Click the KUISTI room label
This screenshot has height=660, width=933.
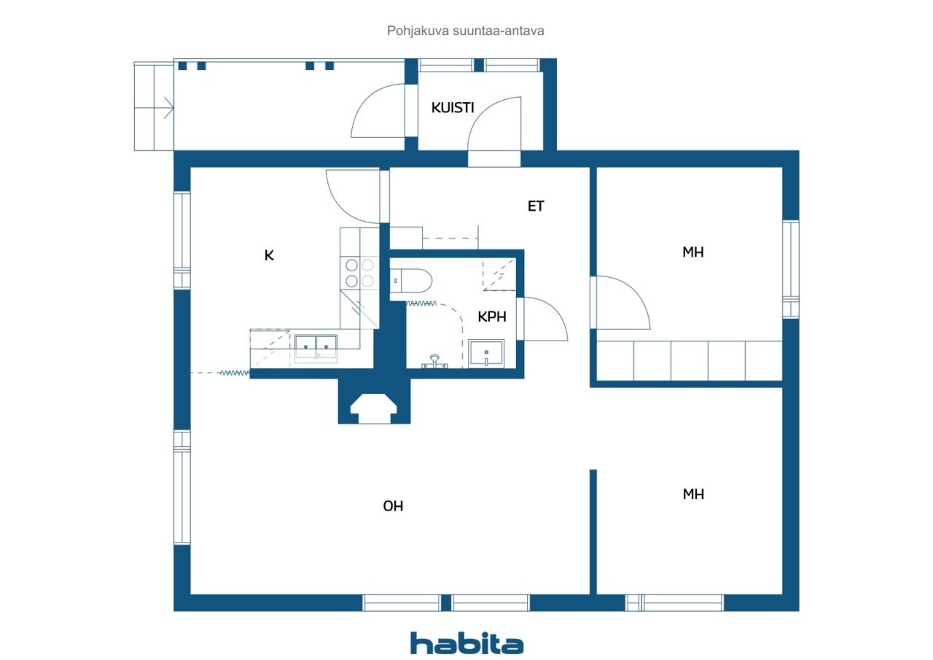(x=453, y=107)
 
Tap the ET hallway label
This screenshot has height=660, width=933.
(x=536, y=206)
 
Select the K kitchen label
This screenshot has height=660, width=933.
(x=269, y=255)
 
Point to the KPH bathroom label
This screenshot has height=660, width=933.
(x=492, y=317)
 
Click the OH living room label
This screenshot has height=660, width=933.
(x=393, y=506)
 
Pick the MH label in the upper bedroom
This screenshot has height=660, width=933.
(x=693, y=252)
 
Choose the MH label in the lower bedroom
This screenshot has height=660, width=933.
(x=693, y=494)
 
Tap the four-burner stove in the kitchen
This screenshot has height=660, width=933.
(x=359, y=273)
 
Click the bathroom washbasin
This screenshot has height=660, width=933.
(x=486, y=353)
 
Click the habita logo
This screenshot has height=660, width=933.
(x=466, y=643)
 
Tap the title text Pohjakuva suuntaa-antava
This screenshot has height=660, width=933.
(x=465, y=31)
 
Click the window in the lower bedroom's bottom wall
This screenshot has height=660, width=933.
(x=674, y=602)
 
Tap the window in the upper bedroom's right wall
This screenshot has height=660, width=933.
(x=791, y=269)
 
